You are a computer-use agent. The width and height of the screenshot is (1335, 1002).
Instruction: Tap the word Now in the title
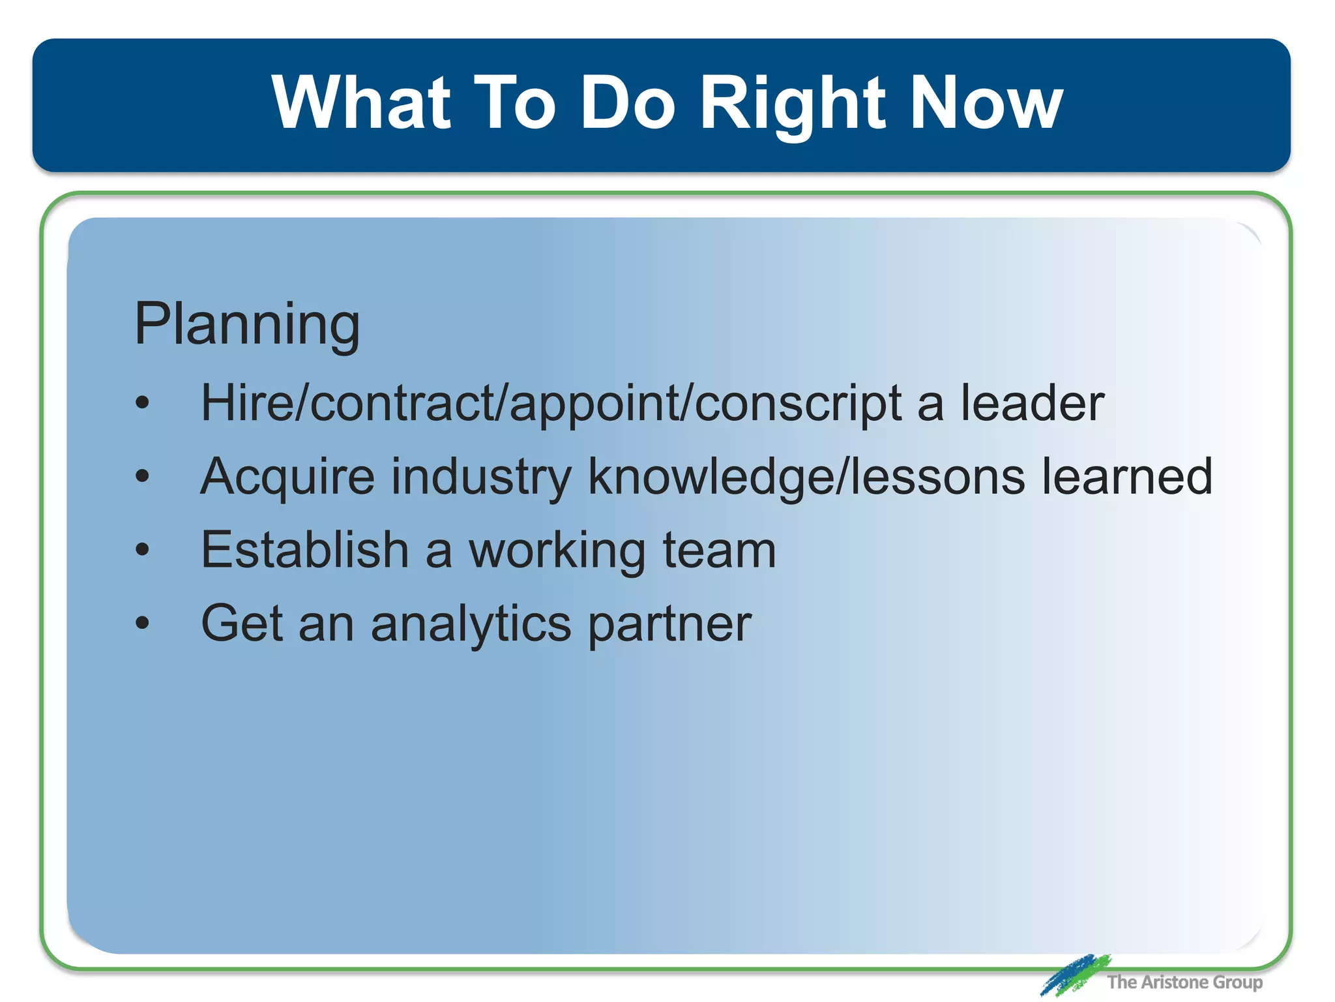(x=986, y=104)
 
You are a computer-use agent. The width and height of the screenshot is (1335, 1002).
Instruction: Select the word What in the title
(x=360, y=104)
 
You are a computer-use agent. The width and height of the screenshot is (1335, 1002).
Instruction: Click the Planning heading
(x=246, y=324)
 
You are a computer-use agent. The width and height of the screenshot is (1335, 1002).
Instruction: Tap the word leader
(x=1032, y=403)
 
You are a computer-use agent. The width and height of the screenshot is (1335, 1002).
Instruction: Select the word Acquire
(x=287, y=478)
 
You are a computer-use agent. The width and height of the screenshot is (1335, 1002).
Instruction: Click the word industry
(x=481, y=478)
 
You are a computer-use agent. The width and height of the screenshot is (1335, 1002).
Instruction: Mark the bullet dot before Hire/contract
(x=142, y=402)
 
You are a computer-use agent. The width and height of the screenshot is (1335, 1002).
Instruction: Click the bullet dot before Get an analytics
(x=142, y=623)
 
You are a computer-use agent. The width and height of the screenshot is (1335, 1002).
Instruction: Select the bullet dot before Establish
(x=142, y=549)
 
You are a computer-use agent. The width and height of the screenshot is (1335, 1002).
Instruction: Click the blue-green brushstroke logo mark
(x=1074, y=975)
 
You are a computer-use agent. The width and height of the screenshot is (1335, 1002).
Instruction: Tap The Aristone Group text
(x=1184, y=982)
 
